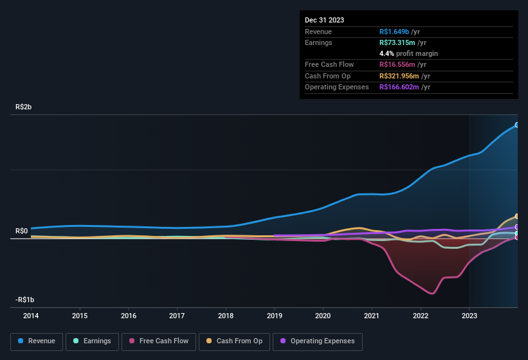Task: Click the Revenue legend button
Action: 37,341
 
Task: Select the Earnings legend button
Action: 93,341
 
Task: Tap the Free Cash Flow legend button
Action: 159,341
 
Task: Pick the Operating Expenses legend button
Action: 317,341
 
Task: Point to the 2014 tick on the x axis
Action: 31,316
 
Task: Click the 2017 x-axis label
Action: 177,316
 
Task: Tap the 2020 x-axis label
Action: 323,316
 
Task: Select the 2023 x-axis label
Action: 469,316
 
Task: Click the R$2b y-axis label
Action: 23,107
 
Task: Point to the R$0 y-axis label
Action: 22,231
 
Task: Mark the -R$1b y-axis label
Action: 24,300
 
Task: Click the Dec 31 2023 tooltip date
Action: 324,20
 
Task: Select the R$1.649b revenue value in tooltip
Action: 399,32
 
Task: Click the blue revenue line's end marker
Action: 517,125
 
